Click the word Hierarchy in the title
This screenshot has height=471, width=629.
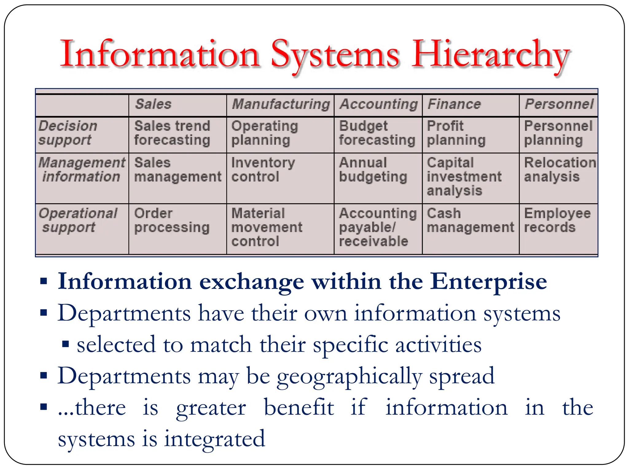[x=490, y=55]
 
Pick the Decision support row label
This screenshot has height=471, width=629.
[x=68, y=133]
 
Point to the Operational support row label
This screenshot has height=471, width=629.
[x=78, y=220]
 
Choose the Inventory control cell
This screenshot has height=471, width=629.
[x=263, y=170]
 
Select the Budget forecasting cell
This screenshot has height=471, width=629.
[x=377, y=133]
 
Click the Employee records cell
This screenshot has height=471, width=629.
[x=557, y=220]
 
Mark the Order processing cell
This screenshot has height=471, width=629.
[x=172, y=220]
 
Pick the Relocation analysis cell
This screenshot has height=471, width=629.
[x=560, y=170]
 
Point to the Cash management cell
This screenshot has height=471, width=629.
[x=470, y=220]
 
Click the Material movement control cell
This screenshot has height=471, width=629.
[x=267, y=228]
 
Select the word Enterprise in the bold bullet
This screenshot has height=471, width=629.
[x=488, y=282]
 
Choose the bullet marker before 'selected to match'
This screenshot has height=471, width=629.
[x=65, y=344]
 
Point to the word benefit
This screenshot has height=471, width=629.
[x=299, y=408]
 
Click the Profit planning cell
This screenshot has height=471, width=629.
[x=456, y=133]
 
